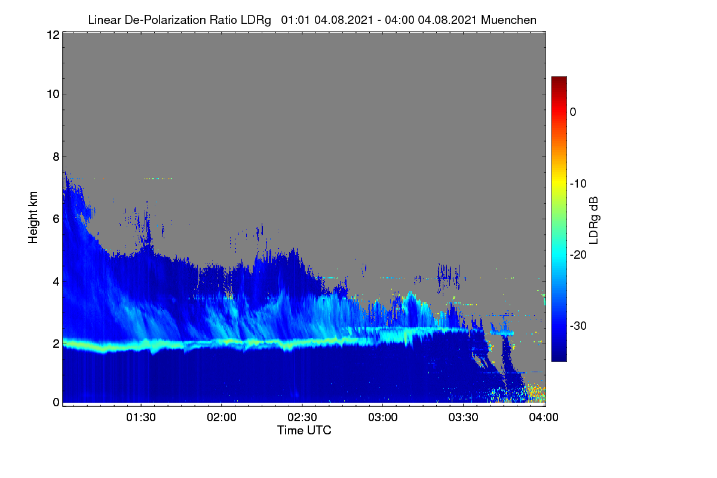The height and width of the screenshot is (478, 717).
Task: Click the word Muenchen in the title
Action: tap(508, 20)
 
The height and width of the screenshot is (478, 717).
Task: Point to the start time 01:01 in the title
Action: tap(295, 20)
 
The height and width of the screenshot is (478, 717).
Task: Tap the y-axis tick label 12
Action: tap(53, 35)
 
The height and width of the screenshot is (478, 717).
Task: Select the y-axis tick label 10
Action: tap(53, 94)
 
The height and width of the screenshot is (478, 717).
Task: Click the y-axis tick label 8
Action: tap(56, 157)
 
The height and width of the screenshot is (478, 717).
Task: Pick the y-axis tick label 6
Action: tap(56, 219)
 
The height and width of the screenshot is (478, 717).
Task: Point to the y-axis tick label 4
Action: tap(56, 282)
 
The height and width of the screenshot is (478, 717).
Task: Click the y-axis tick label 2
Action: tap(56, 344)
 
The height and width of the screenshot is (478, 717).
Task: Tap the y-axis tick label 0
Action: tap(56, 402)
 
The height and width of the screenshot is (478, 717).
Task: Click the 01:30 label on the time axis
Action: tap(141, 418)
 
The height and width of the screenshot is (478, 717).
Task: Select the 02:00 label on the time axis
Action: tap(222, 418)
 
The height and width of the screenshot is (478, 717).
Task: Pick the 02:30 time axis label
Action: tap(302, 418)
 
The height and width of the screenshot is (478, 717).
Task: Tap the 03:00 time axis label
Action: tap(383, 418)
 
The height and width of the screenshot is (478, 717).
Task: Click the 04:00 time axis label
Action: tap(544, 418)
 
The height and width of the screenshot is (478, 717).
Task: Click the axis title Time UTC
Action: tap(304, 430)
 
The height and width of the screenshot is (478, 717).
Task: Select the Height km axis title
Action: tap(33, 217)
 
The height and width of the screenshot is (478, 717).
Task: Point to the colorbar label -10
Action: tap(578, 184)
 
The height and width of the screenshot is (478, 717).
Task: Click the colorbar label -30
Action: tap(578, 326)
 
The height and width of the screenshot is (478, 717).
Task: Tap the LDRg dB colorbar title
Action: tap(594, 220)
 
